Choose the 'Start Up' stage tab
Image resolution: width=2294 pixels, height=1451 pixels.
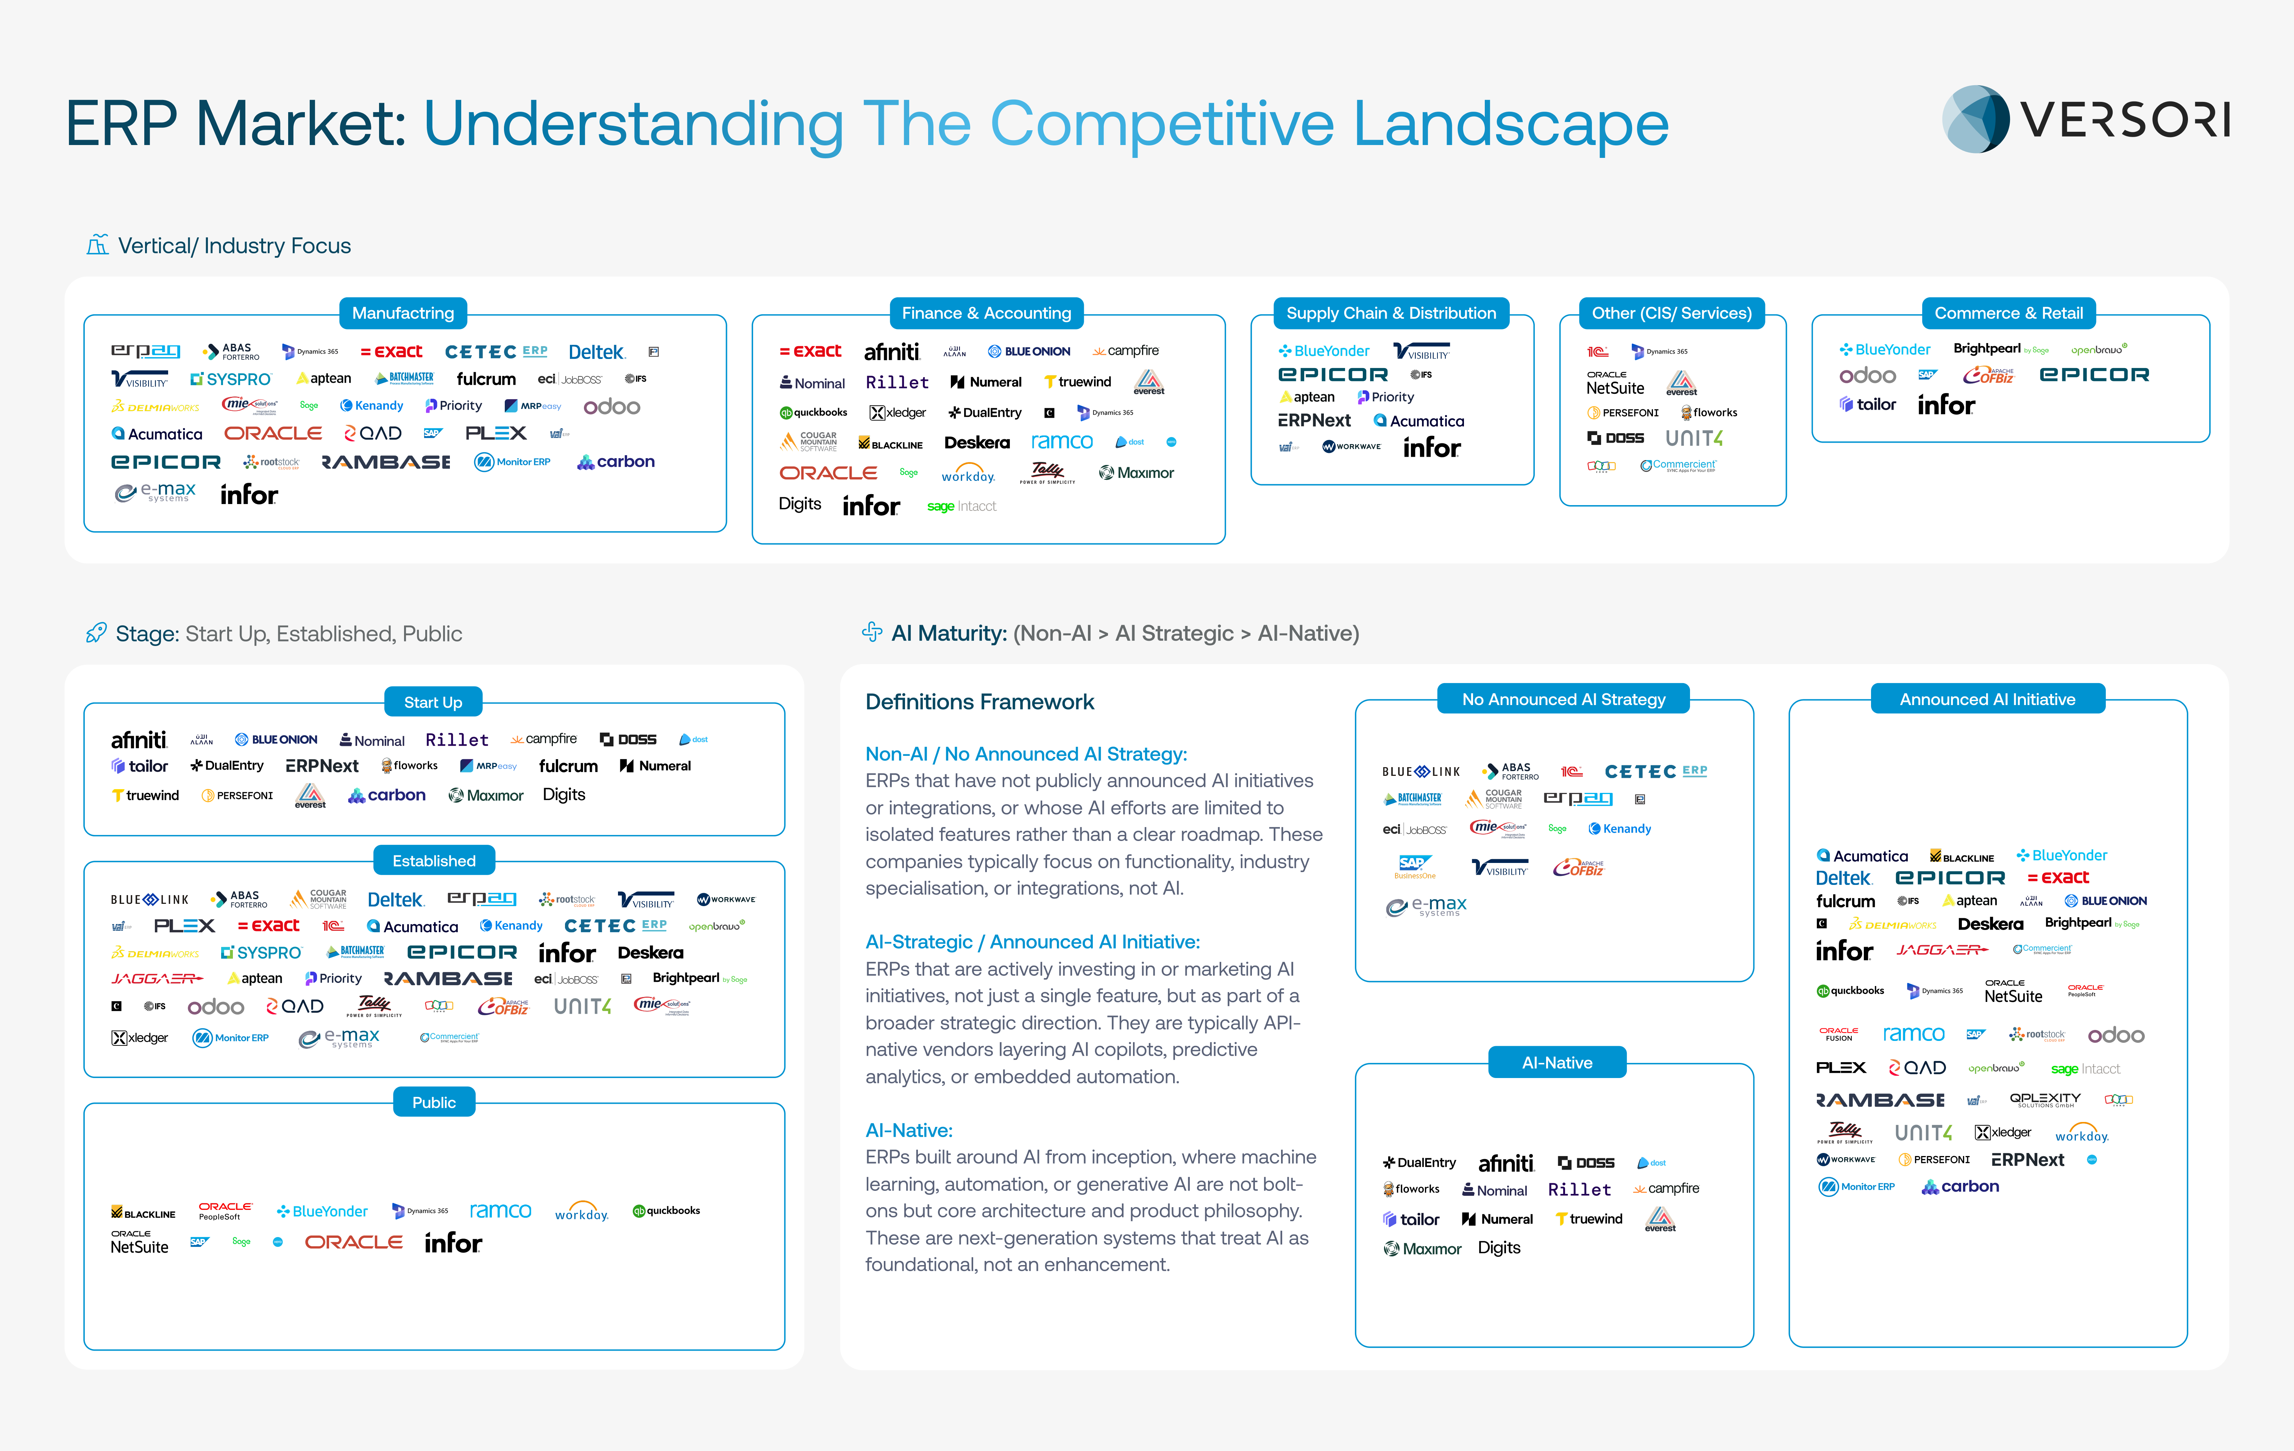pyautogui.click(x=432, y=702)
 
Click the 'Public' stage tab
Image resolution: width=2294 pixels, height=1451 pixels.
pyautogui.click(x=434, y=1102)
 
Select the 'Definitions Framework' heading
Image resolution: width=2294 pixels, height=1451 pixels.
pyautogui.click(x=979, y=702)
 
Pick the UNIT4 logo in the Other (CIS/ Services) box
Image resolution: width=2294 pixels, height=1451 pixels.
pyautogui.click(x=1694, y=438)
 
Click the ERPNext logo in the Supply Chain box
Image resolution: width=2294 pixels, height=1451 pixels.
pyautogui.click(x=1314, y=420)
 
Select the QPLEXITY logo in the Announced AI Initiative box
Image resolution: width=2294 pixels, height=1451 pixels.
pyautogui.click(x=2044, y=1100)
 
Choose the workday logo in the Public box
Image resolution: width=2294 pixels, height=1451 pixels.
pyautogui.click(x=581, y=1212)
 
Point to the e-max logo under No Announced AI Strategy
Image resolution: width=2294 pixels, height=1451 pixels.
pyautogui.click(x=1426, y=906)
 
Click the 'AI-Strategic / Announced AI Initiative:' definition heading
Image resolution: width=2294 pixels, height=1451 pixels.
pyautogui.click(x=1032, y=941)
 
